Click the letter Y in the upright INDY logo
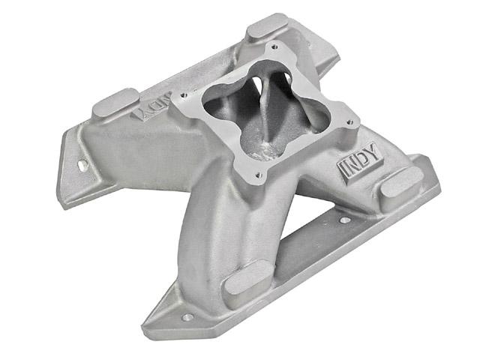[x=374, y=156]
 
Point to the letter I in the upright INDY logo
[x=342, y=171]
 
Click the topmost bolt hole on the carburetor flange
[x=274, y=46]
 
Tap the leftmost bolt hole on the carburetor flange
[x=184, y=95]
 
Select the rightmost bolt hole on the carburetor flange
[x=350, y=122]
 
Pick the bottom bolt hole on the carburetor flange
[x=259, y=175]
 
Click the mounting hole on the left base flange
[x=82, y=165]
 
